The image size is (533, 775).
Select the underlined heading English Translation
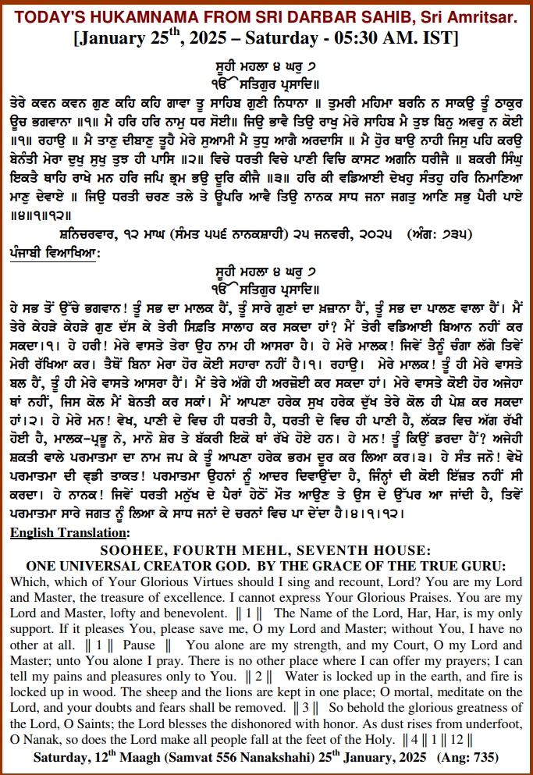pos(71,533)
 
